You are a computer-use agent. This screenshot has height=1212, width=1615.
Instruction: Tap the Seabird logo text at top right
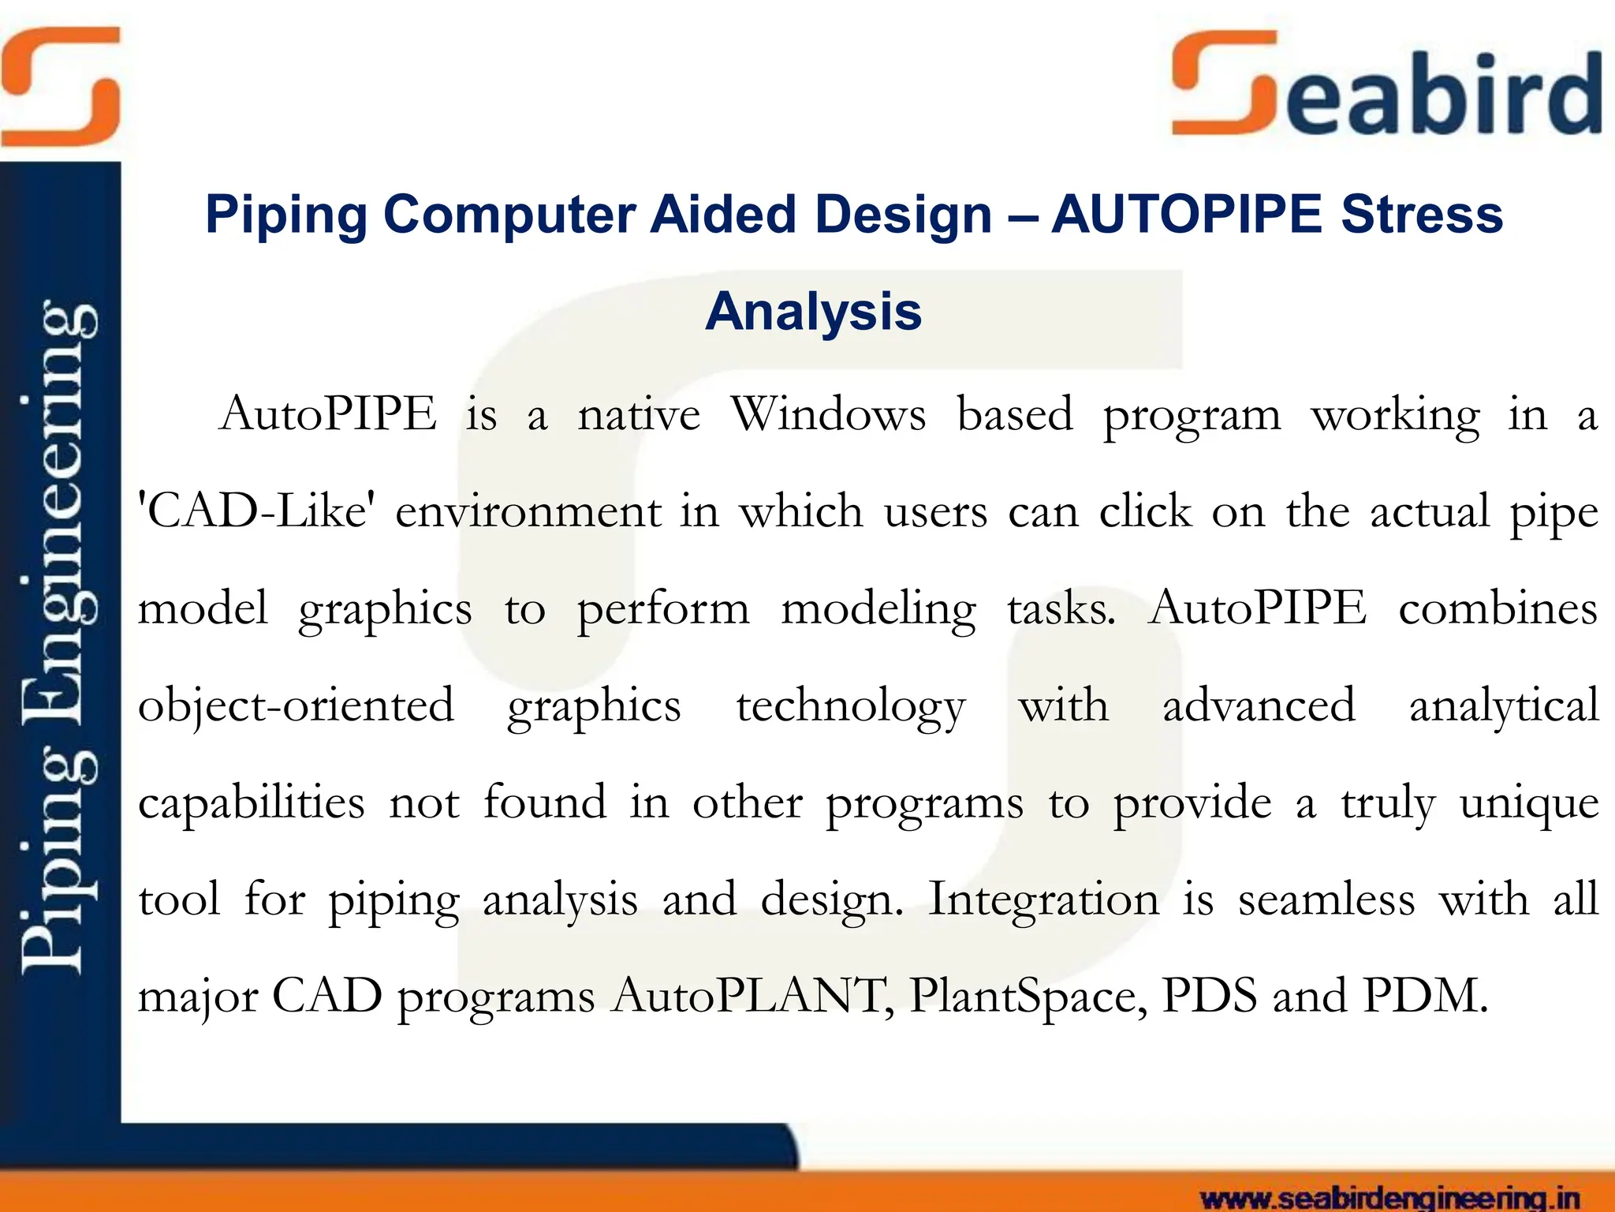[x=1388, y=87]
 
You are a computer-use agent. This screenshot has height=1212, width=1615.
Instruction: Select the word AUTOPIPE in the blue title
[x=1187, y=215]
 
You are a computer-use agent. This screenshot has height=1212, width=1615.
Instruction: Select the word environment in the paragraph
[x=528, y=512]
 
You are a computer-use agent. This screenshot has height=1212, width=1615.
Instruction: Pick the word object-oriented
[x=297, y=705]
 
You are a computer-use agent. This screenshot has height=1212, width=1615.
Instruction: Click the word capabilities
[x=252, y=803]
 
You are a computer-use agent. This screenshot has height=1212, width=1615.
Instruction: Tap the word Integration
[x=1043, y=900]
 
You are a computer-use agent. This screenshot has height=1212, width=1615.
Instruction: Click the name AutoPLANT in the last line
[x=753, y=997]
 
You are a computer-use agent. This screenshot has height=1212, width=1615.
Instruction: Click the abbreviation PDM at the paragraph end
[x=1424, y=997]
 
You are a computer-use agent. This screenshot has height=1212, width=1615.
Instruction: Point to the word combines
[x=1498, y=609]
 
